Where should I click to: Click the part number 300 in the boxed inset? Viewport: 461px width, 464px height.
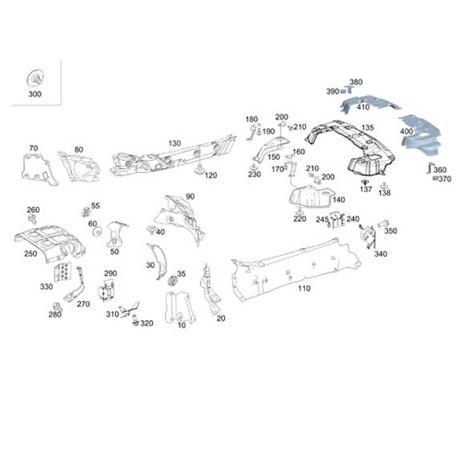pyautogui.click(x=34, y=94)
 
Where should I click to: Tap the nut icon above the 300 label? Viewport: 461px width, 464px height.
pyautogui.click(x=35, y=78)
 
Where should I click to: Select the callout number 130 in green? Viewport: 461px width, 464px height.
pyautogui.click(x=174, y=142)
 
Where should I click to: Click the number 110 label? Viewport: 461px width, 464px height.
pyautogui.click(x=303, y=288)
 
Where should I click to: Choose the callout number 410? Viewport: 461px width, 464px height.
pyautogui.click(x=363, y=106)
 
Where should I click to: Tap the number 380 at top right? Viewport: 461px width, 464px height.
pyautogui.click(x=355, y=82)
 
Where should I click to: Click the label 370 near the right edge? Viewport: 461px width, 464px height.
pyautogui.click(x=446, y=178)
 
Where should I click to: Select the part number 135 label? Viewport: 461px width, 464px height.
pyautogui.click(x=367, y=127)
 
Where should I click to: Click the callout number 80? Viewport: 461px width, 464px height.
pyautogui.click(x=78, y=150)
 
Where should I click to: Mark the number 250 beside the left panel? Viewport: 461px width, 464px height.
pyautogui.click(x=30, y=254)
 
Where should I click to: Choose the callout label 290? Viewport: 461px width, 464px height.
pyautogui.click(x=110, y=274)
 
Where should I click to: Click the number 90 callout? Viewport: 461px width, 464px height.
pyautogui.click(x=190, y=196)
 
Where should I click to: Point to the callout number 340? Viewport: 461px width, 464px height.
pyautogui.click(x=380, y=254)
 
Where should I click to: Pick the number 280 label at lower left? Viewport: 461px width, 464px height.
pyautogui.click(x=54, y=314)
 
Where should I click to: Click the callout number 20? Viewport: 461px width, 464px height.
pyautogui.click(x=221, y=318)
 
